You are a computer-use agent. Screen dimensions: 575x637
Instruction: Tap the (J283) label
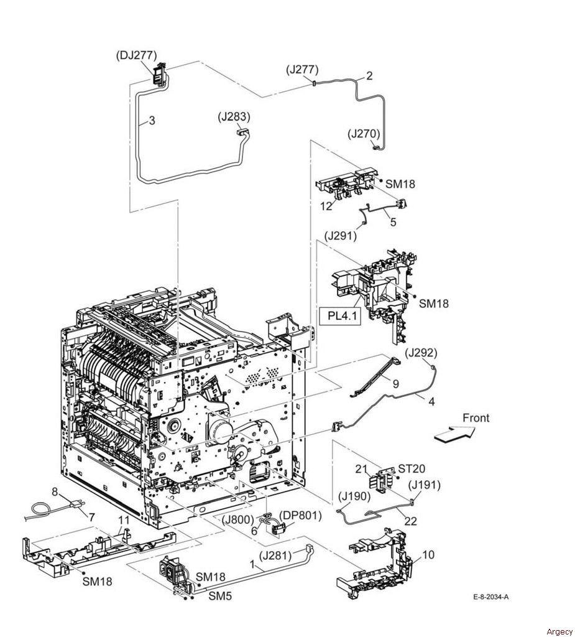(234, 116)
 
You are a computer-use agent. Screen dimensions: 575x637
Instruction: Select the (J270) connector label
(364, 134)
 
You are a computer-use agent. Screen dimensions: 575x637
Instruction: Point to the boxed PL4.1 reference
(339, 315)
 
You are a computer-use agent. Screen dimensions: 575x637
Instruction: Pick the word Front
(476, 417)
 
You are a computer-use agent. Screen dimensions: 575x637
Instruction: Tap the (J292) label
(421, 353)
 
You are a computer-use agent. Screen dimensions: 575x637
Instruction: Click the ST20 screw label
(412, 469)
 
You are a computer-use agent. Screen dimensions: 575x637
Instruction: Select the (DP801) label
(300, 516)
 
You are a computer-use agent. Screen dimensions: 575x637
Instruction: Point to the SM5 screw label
(220, 596)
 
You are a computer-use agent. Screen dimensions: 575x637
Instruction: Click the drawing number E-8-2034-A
(491, 597)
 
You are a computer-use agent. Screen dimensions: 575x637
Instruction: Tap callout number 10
(428, 554)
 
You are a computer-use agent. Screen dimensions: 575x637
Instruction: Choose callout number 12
(326, 207)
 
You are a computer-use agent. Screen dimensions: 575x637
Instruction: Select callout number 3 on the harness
(152, 120)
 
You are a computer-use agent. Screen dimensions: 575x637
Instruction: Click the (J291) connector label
(340, 236)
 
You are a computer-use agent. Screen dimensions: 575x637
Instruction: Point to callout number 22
(410, 521)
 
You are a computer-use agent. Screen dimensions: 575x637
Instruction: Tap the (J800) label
(238, 519)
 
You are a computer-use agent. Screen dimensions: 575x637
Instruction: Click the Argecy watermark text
(559, 632)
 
